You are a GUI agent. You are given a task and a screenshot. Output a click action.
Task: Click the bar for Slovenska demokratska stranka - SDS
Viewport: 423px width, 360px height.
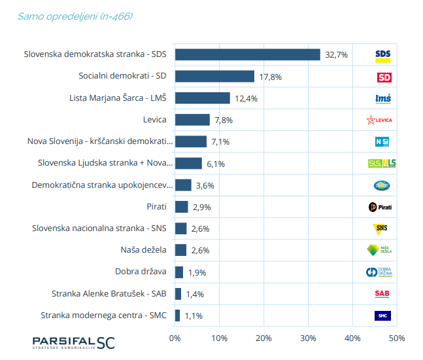click(247, 54)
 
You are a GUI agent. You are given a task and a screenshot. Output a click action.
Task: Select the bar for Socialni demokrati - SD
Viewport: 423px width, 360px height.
click(214, 77)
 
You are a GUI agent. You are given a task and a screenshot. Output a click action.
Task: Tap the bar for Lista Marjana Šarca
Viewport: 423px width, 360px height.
click(203, 98)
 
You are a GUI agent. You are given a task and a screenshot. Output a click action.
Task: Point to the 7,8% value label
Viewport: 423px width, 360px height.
click(223, 120)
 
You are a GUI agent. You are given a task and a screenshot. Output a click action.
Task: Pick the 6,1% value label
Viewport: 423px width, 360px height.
click(215, 164)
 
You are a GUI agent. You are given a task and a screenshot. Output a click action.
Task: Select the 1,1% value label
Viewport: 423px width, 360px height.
click(193, 315)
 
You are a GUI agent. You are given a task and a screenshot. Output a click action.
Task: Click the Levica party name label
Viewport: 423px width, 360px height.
click(154, 120)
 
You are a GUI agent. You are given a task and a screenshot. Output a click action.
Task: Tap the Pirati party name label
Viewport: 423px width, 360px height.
click(157, 207)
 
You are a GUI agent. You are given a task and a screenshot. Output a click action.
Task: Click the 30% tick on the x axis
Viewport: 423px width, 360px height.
click(308, 338)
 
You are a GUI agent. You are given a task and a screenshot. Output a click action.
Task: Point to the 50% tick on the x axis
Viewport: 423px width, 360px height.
click(396, 338)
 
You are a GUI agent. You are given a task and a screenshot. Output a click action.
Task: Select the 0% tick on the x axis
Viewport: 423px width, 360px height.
click(175, 338)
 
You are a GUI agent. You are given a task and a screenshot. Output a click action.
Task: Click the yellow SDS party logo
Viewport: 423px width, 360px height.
click(384, 55)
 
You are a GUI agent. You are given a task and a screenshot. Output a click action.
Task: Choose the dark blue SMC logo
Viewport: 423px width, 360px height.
click(382, 315)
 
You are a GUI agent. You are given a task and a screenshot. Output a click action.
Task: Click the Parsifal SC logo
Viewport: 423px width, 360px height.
click(74, 342)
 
